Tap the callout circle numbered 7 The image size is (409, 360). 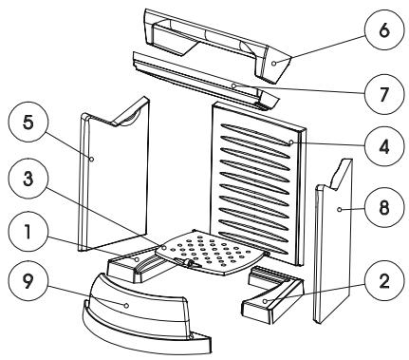384,94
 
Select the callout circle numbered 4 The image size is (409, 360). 384,146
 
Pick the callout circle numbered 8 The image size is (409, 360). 384,207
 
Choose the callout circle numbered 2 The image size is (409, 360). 384,281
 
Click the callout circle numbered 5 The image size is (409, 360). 28,123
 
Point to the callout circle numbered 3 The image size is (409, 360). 28,180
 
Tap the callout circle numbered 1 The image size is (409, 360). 28,232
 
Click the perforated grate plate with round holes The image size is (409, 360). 211,252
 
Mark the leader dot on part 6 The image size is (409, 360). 274,64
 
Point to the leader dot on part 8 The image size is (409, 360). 339,209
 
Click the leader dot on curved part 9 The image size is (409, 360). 126,305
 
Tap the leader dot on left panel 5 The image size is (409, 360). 91,159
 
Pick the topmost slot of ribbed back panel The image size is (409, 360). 257,134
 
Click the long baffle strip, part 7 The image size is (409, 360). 206,82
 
